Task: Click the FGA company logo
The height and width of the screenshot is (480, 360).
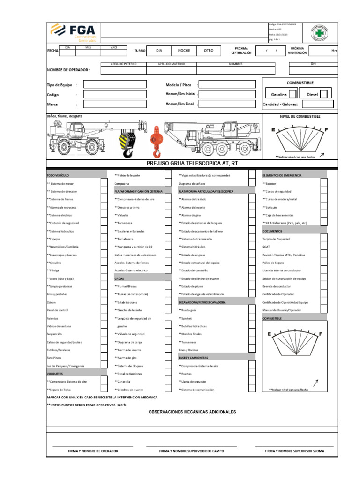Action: [72, 33]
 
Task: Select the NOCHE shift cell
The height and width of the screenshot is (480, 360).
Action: [181, 51]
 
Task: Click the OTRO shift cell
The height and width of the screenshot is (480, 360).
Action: [209, 51]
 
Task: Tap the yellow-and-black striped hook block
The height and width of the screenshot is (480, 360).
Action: [127, 139]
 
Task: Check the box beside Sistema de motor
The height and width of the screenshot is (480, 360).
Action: [104, 183]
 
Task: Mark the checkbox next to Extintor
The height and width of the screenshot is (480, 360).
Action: [324, 183]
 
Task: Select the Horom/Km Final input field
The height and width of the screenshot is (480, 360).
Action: [227, 104]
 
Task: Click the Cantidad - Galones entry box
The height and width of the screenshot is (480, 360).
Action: [317, 104]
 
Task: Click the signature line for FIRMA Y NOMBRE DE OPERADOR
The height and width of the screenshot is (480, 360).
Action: [93, 446]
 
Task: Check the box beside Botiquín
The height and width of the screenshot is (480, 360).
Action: [324, 207]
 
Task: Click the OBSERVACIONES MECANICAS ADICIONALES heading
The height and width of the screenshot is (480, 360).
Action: [192, 412]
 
